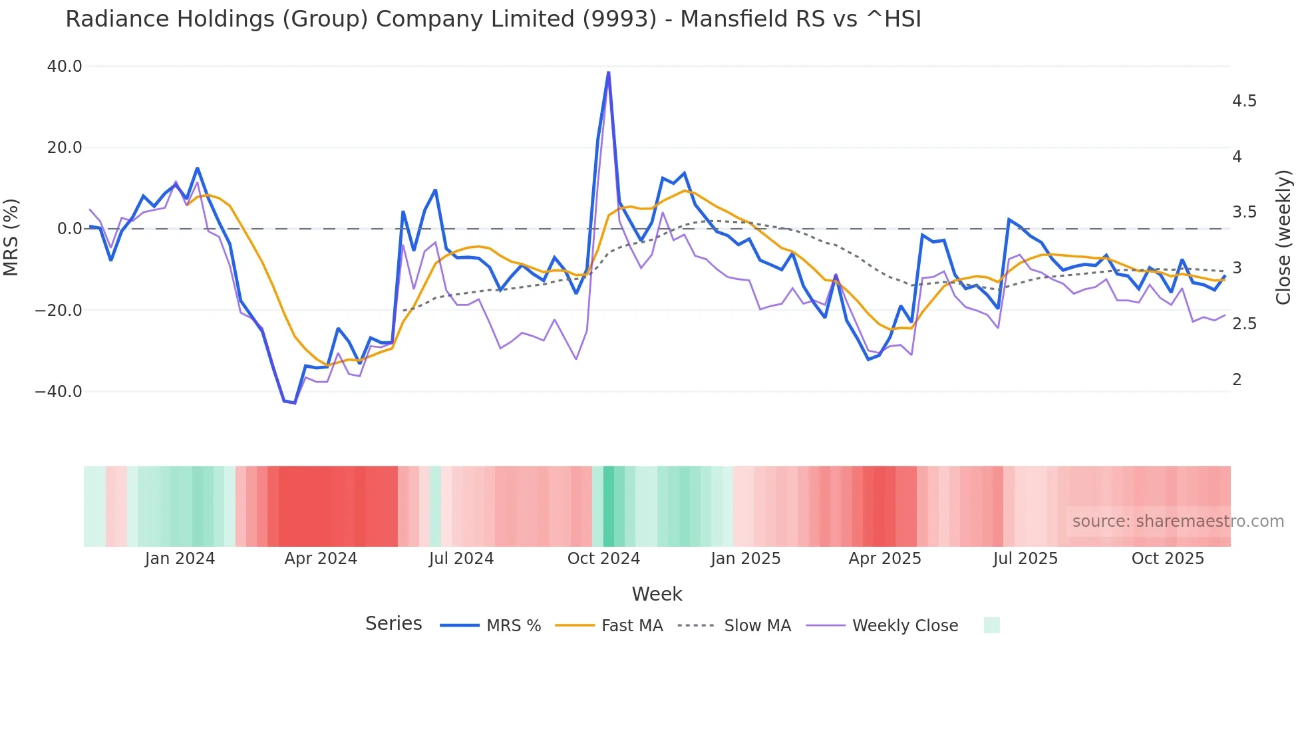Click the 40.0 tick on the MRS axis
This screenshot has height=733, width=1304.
[x=65, y=67]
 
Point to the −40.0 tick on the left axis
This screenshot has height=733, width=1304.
[x=59, y=392]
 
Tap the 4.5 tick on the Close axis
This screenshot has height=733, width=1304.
[x=1244, y=101]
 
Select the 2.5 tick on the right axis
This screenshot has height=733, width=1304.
[x=1244, y=324]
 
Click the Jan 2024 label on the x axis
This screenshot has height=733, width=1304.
[x=180, y=559]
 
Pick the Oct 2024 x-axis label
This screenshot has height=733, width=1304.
[x=603, y=559]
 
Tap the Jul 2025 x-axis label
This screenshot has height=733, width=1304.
[x=1025, y=559]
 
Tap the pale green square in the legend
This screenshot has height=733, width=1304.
[x=991, y=625]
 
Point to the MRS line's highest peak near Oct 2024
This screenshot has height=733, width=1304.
[x=608, y=73]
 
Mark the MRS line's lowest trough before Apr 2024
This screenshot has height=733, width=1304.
[x=294, y=403]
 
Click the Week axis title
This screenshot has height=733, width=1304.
[x=657, y=594]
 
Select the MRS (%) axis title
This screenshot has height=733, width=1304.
[x=11, y=237]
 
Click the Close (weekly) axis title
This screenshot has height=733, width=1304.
[x=1283, y=237]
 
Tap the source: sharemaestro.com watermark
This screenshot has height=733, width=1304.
[x=1178, y=521]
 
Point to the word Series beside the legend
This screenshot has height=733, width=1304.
[x=393, y=624]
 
